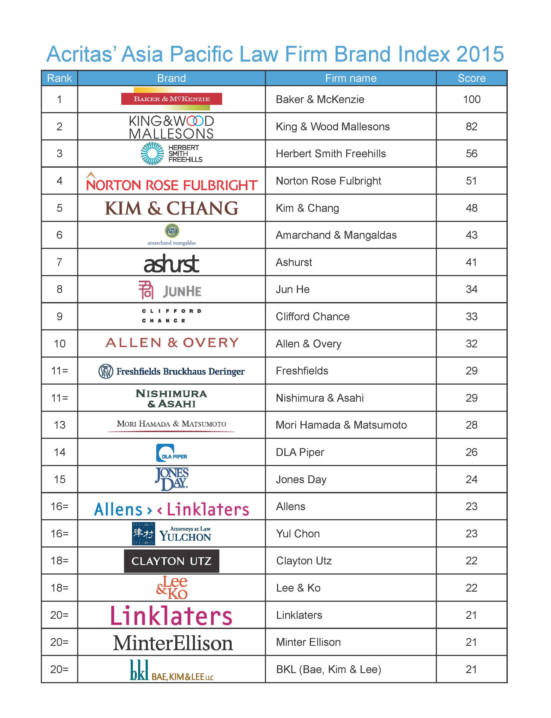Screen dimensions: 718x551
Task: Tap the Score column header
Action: (471, 78)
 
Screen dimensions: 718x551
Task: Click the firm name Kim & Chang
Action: (307, 208)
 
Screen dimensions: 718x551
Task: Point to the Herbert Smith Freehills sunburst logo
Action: (152, 153)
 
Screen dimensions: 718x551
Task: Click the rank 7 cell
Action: (59, 262)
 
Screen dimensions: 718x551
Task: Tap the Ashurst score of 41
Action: (471, 262)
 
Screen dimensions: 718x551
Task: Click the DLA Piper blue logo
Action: (171, 453)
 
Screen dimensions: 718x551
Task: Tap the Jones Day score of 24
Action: (471, 479)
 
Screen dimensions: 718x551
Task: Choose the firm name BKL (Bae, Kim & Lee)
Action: (328, 669)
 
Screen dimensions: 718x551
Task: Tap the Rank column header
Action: (59, 78)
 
